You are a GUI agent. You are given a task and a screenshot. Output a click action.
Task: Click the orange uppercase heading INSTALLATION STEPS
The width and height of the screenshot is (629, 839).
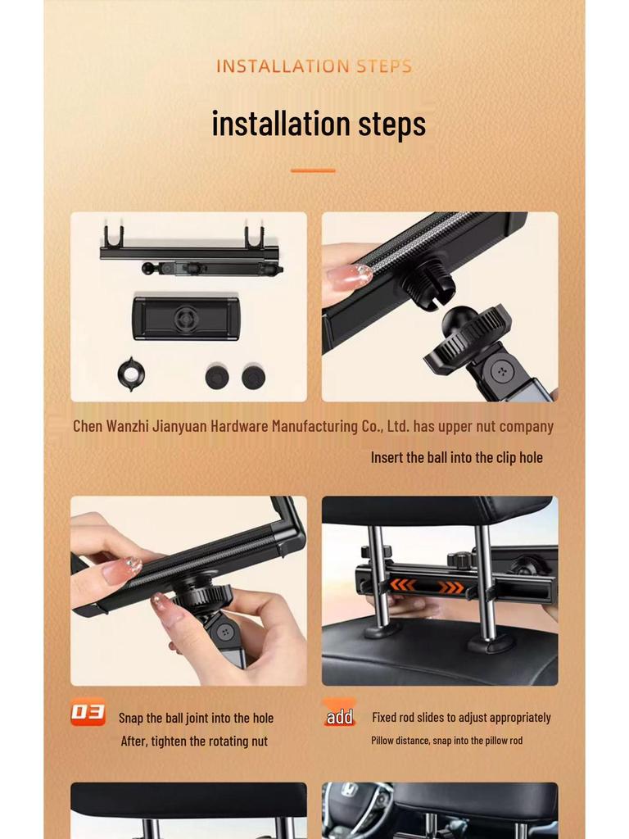[314, 66]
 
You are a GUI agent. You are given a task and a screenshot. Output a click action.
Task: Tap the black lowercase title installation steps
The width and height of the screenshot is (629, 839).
[319, 123]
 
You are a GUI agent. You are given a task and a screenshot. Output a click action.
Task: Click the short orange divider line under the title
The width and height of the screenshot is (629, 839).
[313, 170]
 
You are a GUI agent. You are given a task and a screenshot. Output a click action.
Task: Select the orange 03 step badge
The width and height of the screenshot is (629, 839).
[88, 714]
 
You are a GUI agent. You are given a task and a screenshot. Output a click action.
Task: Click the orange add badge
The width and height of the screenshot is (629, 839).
[339, 715]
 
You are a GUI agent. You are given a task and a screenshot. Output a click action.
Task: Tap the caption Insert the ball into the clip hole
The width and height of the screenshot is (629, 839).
[456, 457]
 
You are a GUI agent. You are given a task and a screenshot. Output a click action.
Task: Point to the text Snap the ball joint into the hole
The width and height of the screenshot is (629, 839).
[196, 718]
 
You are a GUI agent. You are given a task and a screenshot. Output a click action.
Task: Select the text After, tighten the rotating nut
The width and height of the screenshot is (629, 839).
[194, 741]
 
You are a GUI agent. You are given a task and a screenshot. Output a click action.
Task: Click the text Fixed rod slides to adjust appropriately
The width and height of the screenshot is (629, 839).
[461, 717]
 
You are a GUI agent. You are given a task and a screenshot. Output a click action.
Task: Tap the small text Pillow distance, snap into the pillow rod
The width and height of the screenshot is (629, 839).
[446, 740]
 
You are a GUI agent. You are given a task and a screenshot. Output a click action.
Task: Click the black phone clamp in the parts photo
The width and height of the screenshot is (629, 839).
[186, 318]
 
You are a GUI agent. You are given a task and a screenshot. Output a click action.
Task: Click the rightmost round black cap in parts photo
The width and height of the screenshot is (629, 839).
[253, 377]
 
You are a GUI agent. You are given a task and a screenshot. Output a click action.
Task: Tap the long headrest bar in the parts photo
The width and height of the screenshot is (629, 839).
[189, 252]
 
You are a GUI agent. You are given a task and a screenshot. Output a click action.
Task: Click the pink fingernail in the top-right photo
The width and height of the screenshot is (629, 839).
[349, 276]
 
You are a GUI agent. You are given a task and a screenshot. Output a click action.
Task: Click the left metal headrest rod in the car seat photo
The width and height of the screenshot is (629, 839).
[378, 574]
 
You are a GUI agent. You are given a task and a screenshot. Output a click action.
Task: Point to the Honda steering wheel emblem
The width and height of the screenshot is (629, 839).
[348, 791]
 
